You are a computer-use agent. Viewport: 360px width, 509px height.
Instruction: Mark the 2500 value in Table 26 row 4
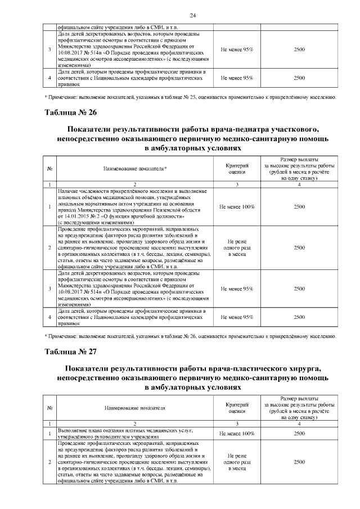(x=299, y=317)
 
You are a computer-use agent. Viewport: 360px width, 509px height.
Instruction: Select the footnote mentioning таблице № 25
(x=191, y=97)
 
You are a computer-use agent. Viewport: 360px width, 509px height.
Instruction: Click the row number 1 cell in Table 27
(x=50, y=434)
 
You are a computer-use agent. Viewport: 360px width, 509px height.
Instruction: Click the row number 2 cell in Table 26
(x=50, y=247)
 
